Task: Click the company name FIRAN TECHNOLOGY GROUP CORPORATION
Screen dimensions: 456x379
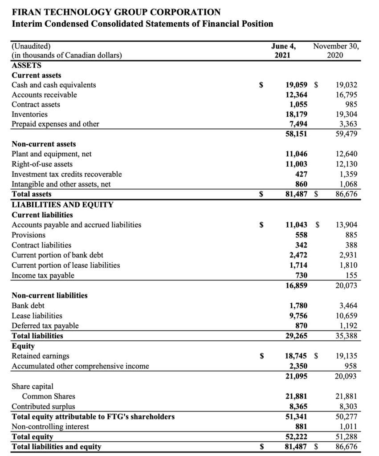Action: pos(115,12)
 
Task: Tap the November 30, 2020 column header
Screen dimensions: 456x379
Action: pos(337,50)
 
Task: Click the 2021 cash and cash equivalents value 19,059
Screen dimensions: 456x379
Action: pos(296,85)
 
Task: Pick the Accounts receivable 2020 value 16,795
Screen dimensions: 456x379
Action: pos(346,94)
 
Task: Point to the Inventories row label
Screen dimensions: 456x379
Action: pos(29,114)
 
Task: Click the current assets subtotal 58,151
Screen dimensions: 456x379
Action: pos(296,134)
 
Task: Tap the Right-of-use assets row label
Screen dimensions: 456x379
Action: pos(42,164)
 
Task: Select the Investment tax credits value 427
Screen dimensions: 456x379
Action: pos(301,174)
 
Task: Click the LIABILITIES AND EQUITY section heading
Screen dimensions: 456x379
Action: pos(62,204)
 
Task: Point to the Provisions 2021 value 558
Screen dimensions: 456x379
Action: pos(301,235)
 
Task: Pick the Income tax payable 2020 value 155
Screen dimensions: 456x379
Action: pos(350,275)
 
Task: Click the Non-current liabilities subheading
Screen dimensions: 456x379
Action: pos(49,295)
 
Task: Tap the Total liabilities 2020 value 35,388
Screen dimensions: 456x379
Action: pos(346,336)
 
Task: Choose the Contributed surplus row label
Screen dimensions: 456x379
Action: pos(43,406)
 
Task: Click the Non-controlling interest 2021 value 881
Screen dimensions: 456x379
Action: pos(301,427)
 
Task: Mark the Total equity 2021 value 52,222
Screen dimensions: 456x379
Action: pos(296,437)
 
